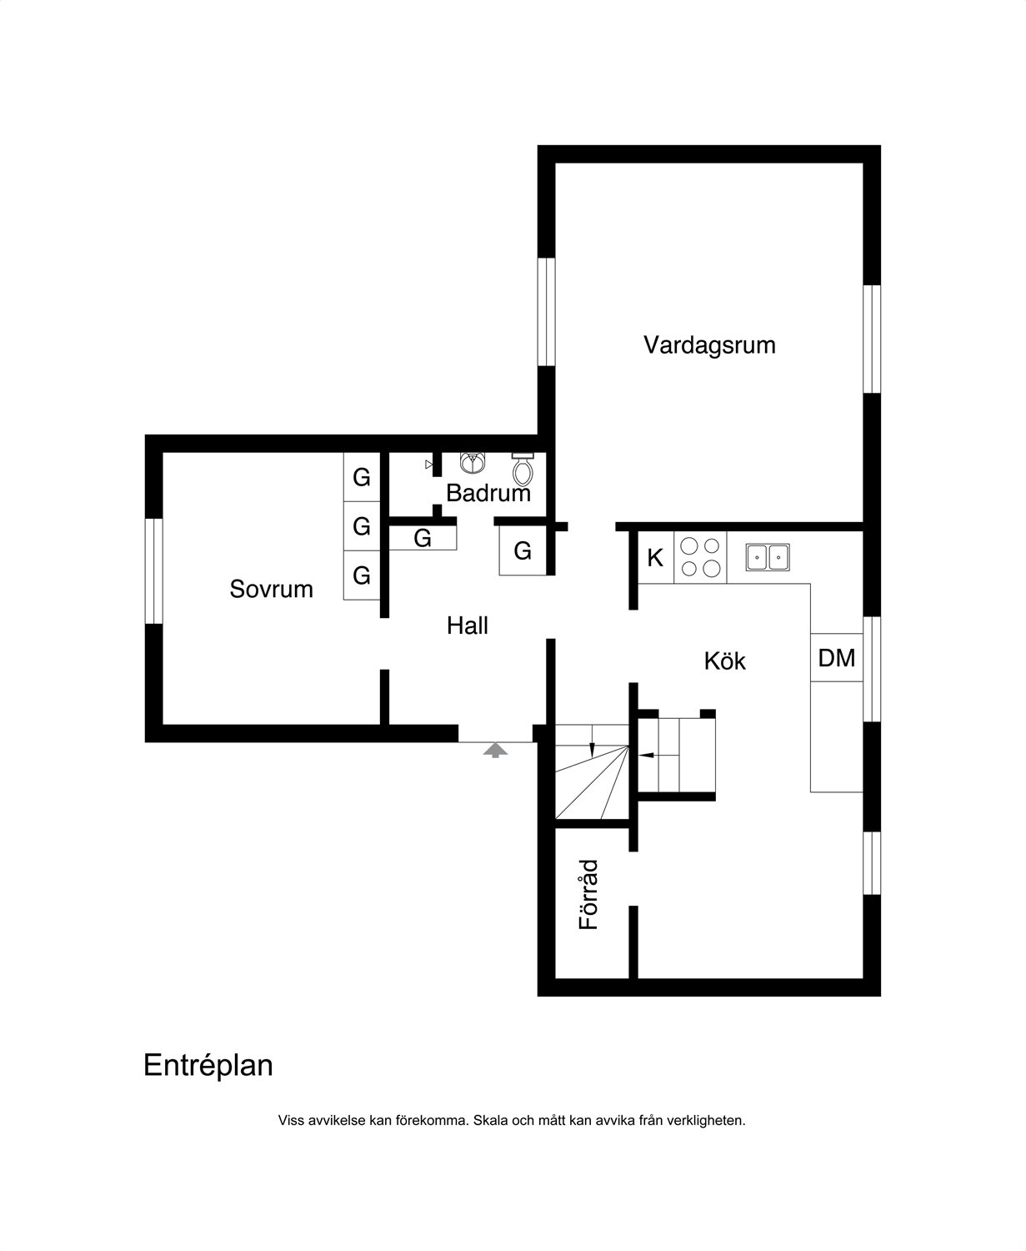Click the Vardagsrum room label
709,345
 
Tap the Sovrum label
272,589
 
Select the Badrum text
488,493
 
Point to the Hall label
467,625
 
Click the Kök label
724,661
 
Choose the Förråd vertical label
588,895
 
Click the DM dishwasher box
836,658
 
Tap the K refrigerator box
656,558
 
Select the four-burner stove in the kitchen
700,558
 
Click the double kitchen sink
768,558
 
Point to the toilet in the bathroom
523,470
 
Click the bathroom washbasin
473,463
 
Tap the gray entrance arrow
496,751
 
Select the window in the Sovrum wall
154,571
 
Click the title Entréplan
208,1065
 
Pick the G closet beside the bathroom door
523,551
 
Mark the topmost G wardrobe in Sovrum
362,477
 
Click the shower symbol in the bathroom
429,465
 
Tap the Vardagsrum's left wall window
547,311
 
